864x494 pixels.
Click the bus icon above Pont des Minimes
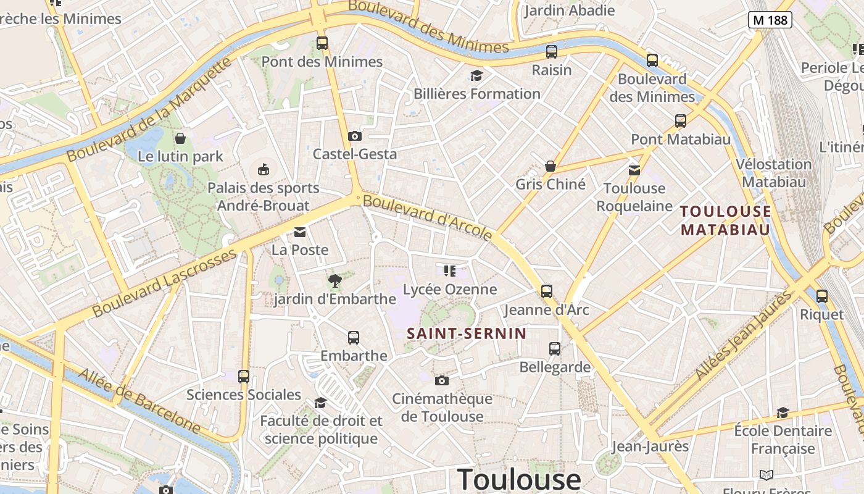(x=322, y=43)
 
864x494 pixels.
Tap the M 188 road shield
(x=771, y=20)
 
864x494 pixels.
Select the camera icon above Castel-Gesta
(x=355, y=136)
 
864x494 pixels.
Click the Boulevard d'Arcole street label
(x=428, y=217)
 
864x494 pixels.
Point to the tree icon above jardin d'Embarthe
(x=335, y=281)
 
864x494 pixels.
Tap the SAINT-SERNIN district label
(x=467, y=334)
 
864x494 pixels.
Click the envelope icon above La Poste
(x=300, y=232)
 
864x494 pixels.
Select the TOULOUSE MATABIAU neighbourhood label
(x=726, y=220)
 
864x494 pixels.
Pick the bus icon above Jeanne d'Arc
(x=547, y=291)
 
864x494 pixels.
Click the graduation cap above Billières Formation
(x=476, y=76)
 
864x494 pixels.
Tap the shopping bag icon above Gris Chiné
(x=550, y=166)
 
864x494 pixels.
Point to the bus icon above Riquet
(x=821, y=296)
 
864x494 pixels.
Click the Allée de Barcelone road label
(x=139, y=401)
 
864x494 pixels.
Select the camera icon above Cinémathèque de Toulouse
(x=442, y=380)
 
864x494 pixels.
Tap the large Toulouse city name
(x=519, y=479)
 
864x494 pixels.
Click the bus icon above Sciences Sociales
(x=244, y=376)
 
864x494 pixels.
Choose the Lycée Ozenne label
(x=450, y=289)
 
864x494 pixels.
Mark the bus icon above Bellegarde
(x=555, y=349)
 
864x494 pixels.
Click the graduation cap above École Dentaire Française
(x=783, y=412)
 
